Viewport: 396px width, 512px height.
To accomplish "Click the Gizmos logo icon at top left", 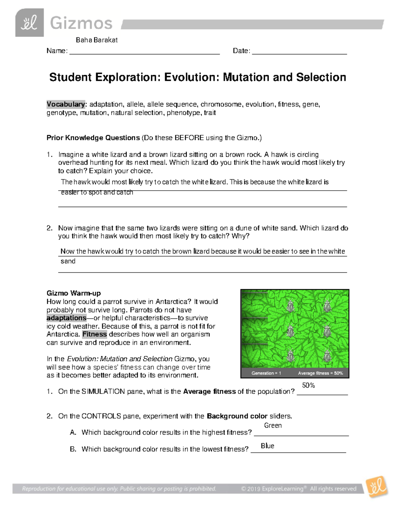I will coord(29,23).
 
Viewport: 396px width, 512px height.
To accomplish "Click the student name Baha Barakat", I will coord(97,40).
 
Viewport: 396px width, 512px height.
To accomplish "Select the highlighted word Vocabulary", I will coord(66,105).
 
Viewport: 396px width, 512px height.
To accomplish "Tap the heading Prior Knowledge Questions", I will coord(93,138).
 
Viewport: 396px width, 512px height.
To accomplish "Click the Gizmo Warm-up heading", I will coord(74,293).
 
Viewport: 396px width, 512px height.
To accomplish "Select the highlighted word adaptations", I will coord(66,318).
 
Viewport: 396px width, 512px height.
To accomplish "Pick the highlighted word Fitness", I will coord(94,334).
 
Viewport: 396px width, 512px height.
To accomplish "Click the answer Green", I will coord(273,426).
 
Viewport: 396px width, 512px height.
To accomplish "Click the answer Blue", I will coord(267,446).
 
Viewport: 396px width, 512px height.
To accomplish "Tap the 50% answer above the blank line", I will coord(308,385).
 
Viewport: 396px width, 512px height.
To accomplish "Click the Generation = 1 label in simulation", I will coord(266,373).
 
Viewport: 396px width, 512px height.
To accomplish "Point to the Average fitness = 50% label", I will coord(320,373).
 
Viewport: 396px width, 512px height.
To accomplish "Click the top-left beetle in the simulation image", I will coord(290,306).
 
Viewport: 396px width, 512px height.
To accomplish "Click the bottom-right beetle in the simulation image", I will coord(327,356).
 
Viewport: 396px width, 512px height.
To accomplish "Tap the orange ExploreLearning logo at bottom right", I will coord(377,487).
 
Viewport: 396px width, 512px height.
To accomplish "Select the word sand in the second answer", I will coord(68,261).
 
